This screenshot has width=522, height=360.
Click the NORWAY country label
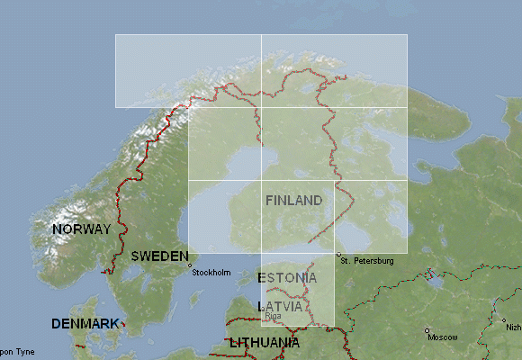[x=82, y=229]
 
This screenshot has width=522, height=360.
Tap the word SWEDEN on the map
[x=159, y=256]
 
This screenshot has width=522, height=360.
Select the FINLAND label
[x=293, y=200]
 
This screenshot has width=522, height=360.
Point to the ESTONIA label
[x=287, y=277]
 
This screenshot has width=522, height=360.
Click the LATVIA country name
[x=279, y=306]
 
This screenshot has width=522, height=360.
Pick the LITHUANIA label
[x=265, y=343]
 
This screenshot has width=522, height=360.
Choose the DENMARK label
[x=85, y=323]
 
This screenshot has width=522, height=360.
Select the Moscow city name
[x=443, y=337]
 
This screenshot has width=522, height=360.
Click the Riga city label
[x=273, y=316]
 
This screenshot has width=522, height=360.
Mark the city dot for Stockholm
[x=189, y=265]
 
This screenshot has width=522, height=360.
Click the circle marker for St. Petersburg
[x=338, y=255]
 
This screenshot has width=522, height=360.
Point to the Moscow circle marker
[x=427, y=330]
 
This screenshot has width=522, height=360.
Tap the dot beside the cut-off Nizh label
[x=502, y=320]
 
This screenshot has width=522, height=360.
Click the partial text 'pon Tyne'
[x=17, y=351]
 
